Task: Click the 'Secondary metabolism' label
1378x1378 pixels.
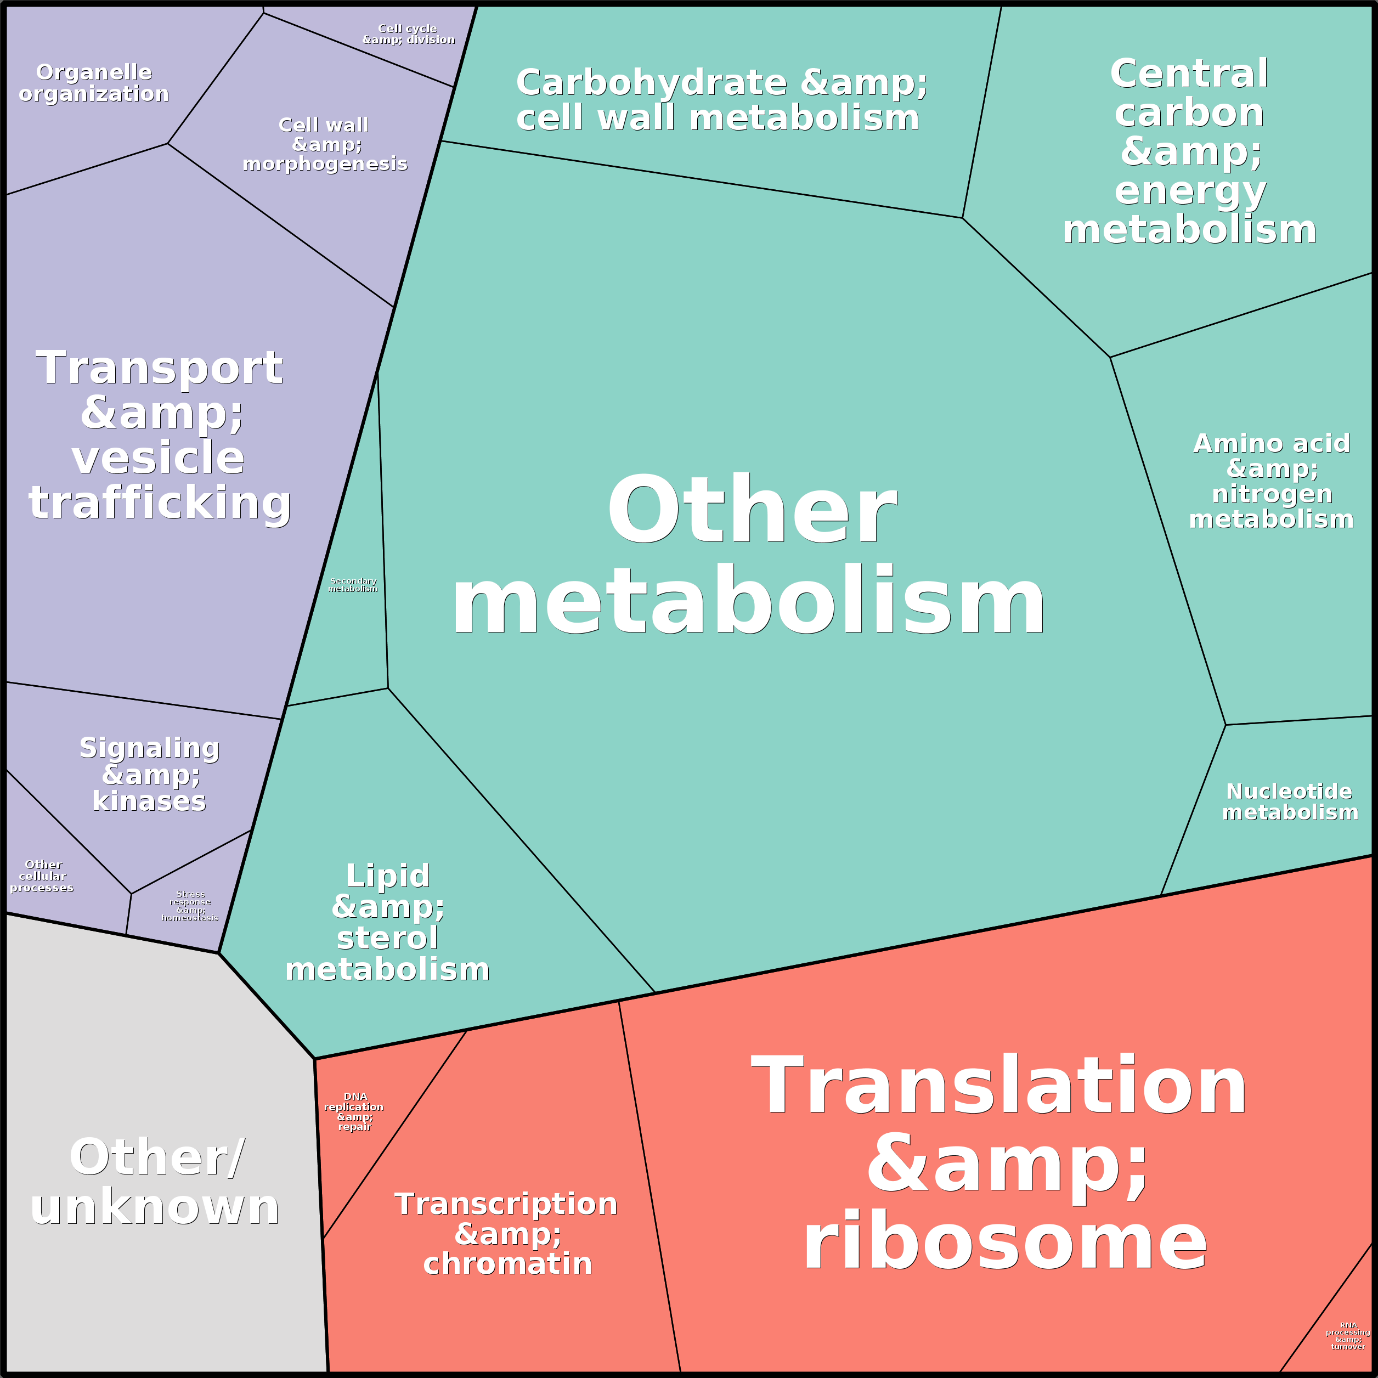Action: [x=353, y=585]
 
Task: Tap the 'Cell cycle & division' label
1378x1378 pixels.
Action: [x=408, y=33]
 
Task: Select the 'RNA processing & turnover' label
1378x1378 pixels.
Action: [x=1347, y=1335]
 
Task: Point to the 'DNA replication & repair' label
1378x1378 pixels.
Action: [x=354, y=1111]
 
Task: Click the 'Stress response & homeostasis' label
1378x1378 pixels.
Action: [x=190, y=906]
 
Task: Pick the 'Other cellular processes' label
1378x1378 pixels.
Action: [x=42, y=876]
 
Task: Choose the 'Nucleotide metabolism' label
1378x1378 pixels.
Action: [x=1290, y=801]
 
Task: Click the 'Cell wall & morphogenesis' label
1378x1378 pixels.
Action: [x=325, y=144]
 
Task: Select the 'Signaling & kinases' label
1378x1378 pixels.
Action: [x=149, y=774]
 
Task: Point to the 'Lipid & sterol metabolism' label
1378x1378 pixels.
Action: [x=387, y=922]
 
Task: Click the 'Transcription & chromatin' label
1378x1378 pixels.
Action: [x=506, y=1233]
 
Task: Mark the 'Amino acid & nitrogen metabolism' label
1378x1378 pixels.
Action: [x=1272, y=481]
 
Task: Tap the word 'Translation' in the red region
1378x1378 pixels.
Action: [x=998, y=1086]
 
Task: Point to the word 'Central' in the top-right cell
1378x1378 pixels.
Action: [x=1189, y=74]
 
